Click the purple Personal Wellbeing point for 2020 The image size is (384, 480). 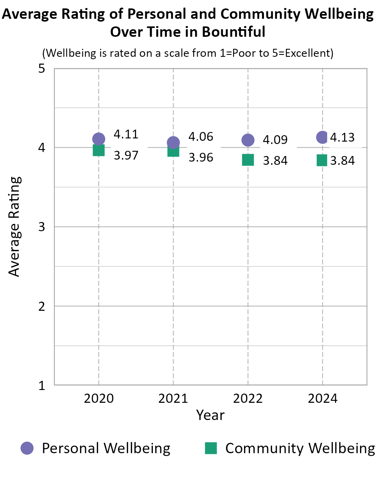click(x=98, y=139)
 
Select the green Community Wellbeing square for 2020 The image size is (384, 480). click(x=98, y=150)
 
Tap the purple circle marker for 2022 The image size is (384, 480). click(x=248, y=140)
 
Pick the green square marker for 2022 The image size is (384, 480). click(x=248, y=160)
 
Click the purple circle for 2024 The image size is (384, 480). click(x=322, y=137)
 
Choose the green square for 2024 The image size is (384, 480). click(x=322, y=160)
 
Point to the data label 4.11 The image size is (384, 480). click(x=126, y=134)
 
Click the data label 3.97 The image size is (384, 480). click(x=126, y=155)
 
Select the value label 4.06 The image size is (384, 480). click(x=201, y=137)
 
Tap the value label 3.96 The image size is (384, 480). click(x=201, y=157)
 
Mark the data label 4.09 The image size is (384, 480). click(x=275, y=140)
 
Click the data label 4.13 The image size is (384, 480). click(x=342, y=138)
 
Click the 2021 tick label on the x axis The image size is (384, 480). click(x=173, y=399)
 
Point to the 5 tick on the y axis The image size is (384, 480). click(x=41, y=69)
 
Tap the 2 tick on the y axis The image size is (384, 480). click(x=41, y=306)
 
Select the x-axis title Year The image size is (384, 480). click(x=210, y=415)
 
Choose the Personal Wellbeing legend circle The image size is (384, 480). click(x=27, y=448)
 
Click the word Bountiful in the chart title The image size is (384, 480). click(x=233, y=32)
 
